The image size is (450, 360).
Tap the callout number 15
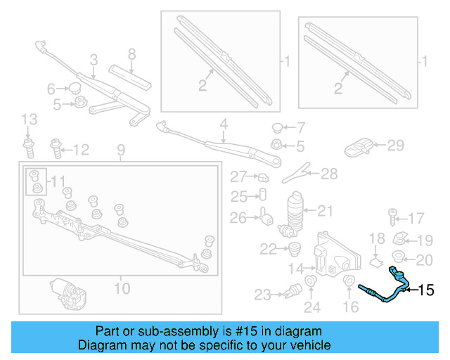[x=427, y=290]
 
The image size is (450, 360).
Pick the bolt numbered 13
[x=28, y=149]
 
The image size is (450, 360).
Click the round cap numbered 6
[x=72, y=89]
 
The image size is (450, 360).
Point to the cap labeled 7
[x=278, y=128]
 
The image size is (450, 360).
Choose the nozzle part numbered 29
[x=360, y=147]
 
